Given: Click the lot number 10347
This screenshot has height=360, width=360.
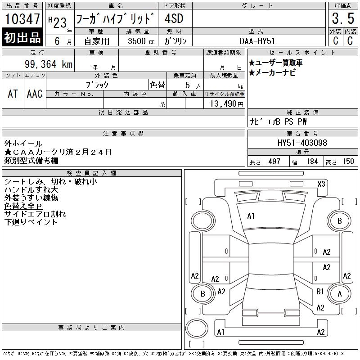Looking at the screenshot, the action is [x=22, y=19].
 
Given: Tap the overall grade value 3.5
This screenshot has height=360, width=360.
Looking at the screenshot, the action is [x=343, y=18].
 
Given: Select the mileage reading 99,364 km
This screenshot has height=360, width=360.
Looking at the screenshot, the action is [x=49, y=64].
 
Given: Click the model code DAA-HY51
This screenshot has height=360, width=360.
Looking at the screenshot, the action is [x=257, y=41].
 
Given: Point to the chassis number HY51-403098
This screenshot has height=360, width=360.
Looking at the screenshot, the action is [x=302, y=143].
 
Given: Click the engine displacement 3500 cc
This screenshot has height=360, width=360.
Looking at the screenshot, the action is [x=141, y=41].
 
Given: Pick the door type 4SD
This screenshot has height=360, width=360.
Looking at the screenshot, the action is [x=174, y=18].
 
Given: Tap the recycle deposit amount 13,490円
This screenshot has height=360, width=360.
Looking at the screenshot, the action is [x=226, y=104].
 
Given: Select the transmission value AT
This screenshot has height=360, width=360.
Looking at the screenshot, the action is [x=13, y=94].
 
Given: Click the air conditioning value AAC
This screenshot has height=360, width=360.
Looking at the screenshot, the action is [x=35, y=94].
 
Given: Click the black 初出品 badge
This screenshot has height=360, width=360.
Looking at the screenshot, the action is [x=22, y=37].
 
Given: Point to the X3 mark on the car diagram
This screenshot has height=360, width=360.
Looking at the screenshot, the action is [x=321, y=184].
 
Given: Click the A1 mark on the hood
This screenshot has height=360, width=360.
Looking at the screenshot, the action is [x=251, y=216].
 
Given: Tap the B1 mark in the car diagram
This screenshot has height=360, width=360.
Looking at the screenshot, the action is [x=320, y=291].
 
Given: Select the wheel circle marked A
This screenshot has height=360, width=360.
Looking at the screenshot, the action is [x=340, y=294].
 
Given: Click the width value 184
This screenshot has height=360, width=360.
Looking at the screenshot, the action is [x=312, y=162].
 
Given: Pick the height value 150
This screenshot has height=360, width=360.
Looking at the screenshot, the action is [x=348, y=162].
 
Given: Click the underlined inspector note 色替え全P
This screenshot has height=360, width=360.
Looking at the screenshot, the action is [x=23, y=206].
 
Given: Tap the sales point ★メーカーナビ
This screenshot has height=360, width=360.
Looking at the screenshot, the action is [x=272, y=73].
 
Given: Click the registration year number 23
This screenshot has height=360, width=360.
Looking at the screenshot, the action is [x=60, y=23].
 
